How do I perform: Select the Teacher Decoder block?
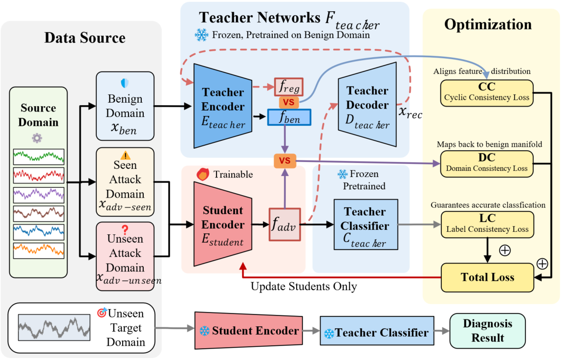367,105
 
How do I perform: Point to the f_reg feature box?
289,87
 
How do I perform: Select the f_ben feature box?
288,117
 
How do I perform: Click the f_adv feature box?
284,225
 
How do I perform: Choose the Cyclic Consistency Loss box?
487,92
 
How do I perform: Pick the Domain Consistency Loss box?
487,163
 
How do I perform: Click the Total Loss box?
487,277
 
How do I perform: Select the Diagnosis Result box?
487,331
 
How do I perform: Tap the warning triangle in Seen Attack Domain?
125,156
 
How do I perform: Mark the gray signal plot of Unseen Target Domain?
54,327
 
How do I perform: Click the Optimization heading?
487,24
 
